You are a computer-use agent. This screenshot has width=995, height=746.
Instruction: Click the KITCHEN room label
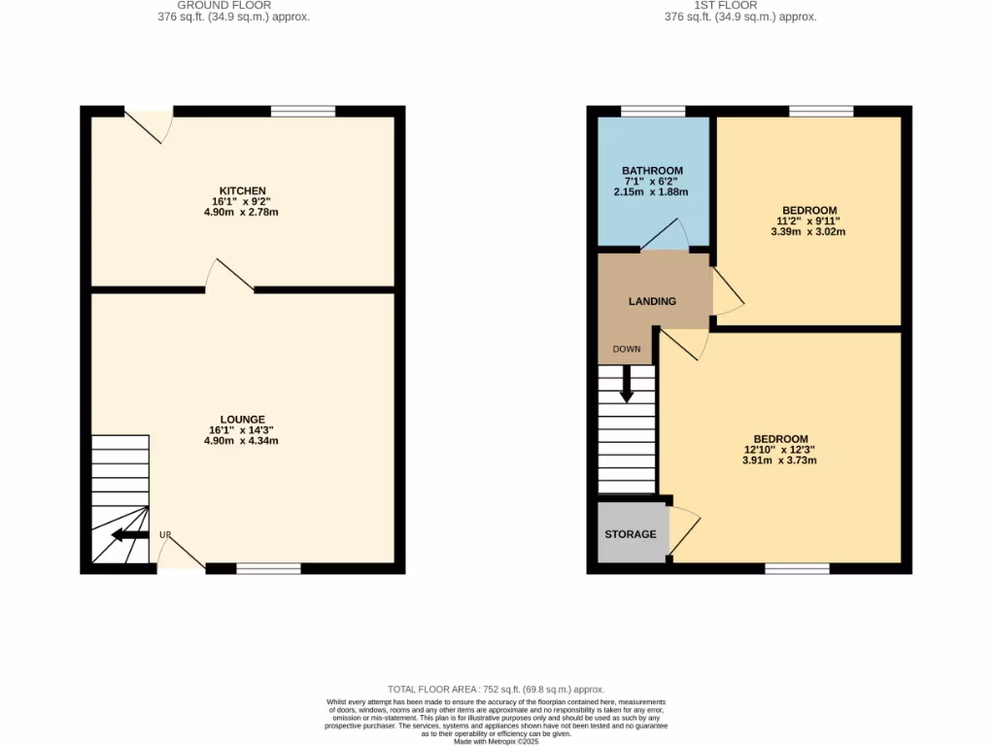(242, 190)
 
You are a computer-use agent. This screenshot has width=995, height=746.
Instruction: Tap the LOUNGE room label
(242, 419)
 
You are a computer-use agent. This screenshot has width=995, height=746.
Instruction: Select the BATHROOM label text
(652, 171)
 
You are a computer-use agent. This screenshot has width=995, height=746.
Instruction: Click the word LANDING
(652, 301)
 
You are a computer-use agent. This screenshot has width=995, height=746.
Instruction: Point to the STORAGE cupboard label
(631, 534)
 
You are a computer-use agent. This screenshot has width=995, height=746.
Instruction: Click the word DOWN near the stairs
(626, 349)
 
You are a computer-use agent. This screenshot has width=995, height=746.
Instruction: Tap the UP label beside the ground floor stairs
(165, 535)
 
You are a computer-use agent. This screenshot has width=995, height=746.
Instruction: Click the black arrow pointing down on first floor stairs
(626, 384)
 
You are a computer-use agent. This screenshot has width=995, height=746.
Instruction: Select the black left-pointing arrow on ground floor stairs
(129, 535)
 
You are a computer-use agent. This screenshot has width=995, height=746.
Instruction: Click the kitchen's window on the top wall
(303, 111)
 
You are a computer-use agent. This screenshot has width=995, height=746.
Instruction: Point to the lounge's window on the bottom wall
(268, 568)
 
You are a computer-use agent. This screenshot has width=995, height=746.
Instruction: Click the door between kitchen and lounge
(231, 276)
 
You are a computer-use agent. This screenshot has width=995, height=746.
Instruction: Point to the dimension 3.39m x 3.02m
(808, 232)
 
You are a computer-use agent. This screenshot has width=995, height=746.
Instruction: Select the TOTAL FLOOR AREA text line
(497, 688)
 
